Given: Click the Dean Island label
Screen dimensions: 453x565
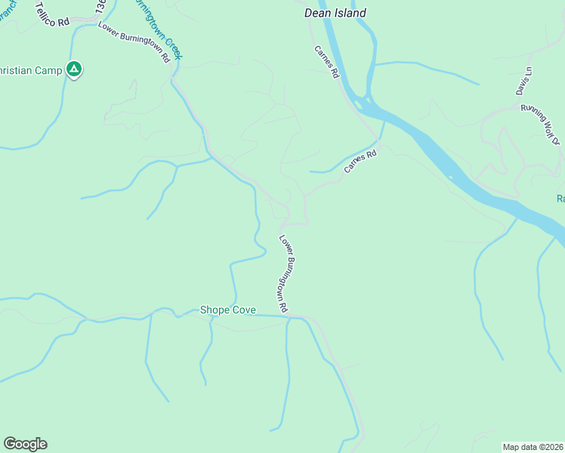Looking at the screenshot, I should [335, 13].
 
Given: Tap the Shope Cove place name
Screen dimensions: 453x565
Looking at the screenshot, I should [227, 310].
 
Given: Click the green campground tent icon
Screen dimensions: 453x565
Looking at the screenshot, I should [74, 69].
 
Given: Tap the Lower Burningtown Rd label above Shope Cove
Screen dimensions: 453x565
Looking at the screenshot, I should [284, 274].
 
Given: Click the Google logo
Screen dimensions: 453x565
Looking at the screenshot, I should [25, 444].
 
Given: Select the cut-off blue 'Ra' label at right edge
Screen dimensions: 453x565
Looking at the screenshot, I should [560, 199].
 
